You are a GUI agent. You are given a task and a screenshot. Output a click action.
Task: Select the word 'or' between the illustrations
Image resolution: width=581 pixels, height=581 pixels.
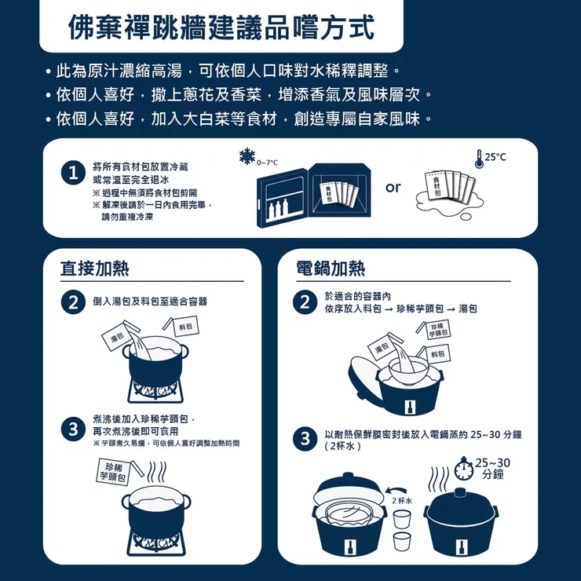[x=393, y=187]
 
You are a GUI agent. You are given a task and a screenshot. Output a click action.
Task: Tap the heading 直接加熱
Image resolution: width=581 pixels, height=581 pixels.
[x=95, y=268]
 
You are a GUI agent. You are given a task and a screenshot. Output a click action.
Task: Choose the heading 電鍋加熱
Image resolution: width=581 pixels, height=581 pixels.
[x=331, y=268]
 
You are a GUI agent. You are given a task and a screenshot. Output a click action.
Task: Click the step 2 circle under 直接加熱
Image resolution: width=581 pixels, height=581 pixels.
[x=72, y=302]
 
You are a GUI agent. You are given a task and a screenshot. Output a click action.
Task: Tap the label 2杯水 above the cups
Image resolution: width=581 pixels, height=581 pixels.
[x=402, y=500]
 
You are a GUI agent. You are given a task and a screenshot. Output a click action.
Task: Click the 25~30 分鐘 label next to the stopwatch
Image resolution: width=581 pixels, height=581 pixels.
[x=493, y=469]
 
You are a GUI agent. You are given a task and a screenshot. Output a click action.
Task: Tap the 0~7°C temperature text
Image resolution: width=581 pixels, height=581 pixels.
[x=268, y=162]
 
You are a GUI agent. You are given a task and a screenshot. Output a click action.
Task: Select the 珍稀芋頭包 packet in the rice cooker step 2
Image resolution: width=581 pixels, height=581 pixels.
[x=438, y=329]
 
